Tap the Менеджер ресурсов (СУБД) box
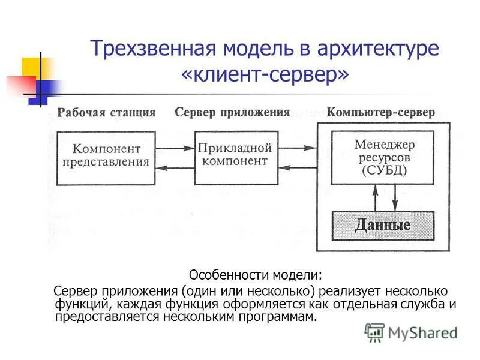(x=383, y=157)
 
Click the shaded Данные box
(x=383, y=226)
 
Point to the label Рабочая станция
(x=106, y=112)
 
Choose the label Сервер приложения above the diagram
(x=232, y=112)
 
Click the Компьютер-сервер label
(x=380, y=112)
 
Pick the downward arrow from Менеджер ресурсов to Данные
(x=394, y=197)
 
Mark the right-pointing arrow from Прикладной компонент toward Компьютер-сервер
(x=295, y=147)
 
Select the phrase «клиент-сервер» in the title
(x=264, y=76)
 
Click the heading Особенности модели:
(x=256, y=275)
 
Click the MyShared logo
(x=410, y=332)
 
